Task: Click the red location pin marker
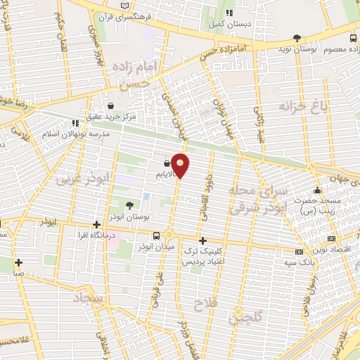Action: tap(180, 165)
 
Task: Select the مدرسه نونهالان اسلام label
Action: tap(77, 134)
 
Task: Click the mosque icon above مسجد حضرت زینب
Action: tap(317, 190)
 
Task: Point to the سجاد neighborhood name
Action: tap(87, 300)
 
